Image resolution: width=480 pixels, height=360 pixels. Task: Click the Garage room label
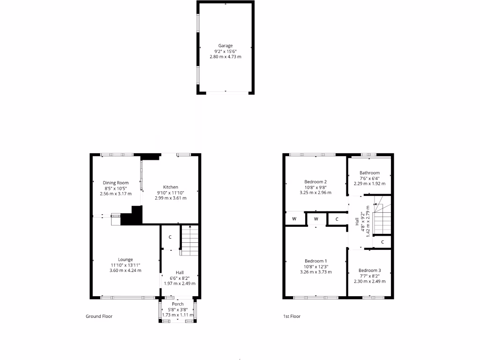point(225,45)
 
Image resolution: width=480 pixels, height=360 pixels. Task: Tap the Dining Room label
point(116,183)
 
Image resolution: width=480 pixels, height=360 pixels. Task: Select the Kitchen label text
point(171,187)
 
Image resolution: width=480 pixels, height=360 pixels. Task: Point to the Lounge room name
point(125,259)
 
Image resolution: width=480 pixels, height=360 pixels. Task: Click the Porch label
point(178,304)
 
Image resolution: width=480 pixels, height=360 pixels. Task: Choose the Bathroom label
point(369,172)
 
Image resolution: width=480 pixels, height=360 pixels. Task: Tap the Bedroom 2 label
point(315,181)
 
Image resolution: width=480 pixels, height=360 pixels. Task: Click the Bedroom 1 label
point(315,261)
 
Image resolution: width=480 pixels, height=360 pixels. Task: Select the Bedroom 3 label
point(369,270)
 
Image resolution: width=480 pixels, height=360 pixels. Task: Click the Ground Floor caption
point(99,316)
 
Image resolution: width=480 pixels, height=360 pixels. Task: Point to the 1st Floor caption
point(292,316)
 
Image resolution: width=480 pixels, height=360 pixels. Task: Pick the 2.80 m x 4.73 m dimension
point(225,57)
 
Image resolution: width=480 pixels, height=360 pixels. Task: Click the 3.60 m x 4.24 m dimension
point(125,270)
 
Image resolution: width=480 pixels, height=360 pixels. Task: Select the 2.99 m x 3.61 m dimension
point(171,198)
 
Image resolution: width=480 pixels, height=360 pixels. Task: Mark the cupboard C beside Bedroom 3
point(382,242)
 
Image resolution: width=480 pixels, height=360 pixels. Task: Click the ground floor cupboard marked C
point(170,237)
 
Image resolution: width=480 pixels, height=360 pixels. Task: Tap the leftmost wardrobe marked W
point(294,219)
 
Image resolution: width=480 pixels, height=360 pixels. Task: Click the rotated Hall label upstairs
point(357,221)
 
